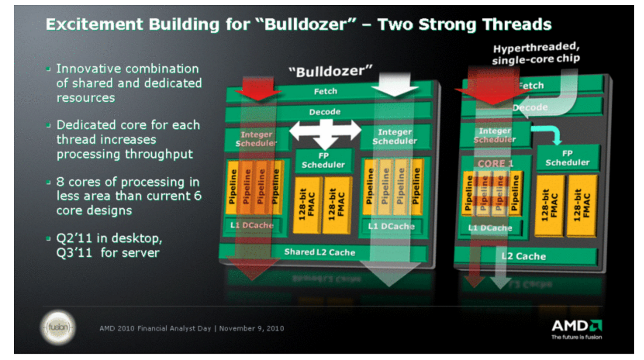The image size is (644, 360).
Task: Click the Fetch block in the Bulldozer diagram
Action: coord(325,91)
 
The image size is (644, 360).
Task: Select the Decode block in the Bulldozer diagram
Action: coord(325,112)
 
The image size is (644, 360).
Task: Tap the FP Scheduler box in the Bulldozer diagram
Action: coord(323,160)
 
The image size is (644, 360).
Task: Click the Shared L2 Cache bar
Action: coord(320,252)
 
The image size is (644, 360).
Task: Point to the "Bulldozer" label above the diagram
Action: coord(330,72)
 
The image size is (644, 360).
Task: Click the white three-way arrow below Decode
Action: coord(325,133)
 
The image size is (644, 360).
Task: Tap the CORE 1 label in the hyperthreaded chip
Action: coord(495,164)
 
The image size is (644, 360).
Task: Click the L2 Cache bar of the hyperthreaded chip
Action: coord(524,256)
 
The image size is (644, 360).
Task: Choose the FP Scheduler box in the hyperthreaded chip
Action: coord(567,158)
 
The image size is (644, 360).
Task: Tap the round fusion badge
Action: coord(58,327)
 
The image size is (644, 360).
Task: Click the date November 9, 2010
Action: coord(252,328)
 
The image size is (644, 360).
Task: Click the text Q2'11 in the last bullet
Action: coord(74,238)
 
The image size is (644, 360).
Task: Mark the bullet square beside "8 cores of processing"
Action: coord(48,182)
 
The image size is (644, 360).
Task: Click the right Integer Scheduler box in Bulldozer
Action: coord(394,136)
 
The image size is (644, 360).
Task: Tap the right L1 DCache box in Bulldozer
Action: coord(391,226)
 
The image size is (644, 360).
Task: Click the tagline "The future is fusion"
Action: coord(576,337)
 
